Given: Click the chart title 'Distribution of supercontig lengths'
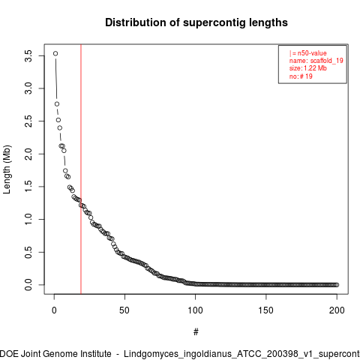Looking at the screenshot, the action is [x=196, y=22].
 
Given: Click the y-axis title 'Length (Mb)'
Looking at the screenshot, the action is [x=7, y=169].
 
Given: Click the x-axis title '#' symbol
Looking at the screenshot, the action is [x=196, y=331].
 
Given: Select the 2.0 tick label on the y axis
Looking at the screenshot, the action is [x=28, y=154].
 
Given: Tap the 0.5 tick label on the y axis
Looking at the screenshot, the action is [x=28, y=252].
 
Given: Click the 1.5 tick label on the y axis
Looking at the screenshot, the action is [x=28, y=187].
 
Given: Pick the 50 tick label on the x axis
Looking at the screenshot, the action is [x=124, y=310].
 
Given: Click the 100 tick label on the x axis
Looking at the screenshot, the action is [x=195, y=310].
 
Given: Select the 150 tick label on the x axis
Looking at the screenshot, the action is [x=266, y=310].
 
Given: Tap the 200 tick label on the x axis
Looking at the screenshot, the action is [x=337, y=310].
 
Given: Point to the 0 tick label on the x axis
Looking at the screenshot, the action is [x=54, y=310].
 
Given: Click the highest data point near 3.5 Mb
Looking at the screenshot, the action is [x=55, y=53].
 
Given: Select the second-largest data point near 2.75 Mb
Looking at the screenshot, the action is [x=57, y=104].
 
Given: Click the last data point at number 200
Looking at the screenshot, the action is [x=337, y=285].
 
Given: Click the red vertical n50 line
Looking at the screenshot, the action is [x=81, y=169].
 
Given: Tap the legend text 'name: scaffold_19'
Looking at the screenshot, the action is [x=316, y=61].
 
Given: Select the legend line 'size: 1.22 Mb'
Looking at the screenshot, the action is [x=308, y=68].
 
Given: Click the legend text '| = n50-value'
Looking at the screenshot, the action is [x=308, y=53].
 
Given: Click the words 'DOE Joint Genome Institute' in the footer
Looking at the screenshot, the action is [x=55, y=354].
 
